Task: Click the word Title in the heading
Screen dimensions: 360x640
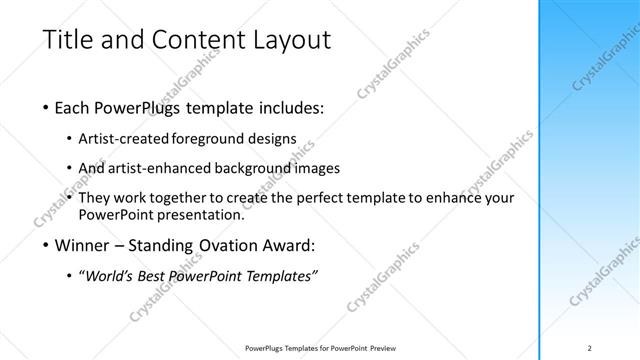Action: click(x=66, y=41)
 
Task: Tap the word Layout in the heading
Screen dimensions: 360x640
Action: click(x=289, y=41)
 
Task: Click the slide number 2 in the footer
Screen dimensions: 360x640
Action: click(x=590, y=347)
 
